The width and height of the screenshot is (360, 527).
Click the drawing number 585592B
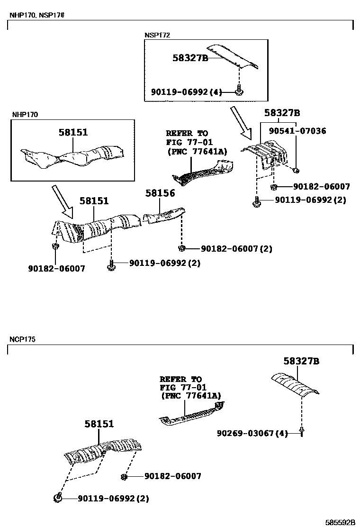point(340,522)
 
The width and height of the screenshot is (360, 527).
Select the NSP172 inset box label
point(157,35)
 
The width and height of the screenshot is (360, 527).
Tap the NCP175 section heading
point(22,339)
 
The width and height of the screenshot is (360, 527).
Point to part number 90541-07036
point(297,131)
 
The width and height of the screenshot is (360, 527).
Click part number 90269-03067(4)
point(252,433)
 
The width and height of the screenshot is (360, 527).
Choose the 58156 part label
point(160,193)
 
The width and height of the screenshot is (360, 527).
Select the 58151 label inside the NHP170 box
point(73,133)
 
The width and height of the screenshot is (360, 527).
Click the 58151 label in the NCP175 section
point(99,424)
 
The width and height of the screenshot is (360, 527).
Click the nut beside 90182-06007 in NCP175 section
point(124,476)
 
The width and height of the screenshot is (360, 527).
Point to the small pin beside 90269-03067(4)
point(301,432)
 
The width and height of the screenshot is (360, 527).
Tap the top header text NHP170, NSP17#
point(36,15)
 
